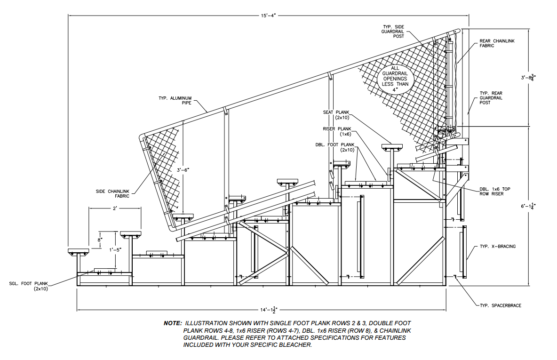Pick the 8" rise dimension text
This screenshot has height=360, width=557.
pos(100,240)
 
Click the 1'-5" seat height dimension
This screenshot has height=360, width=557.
pos(116,250)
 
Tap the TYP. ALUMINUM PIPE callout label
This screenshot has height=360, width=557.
pos(175,100)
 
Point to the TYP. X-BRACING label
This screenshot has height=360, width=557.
pos(497,246)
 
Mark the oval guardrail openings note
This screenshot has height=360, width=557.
pos(395,78)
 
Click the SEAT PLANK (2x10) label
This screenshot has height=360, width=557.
pos(336,115)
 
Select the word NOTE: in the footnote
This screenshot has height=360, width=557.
pos(172,323)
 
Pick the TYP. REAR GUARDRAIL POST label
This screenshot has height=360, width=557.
pos(491,98)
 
